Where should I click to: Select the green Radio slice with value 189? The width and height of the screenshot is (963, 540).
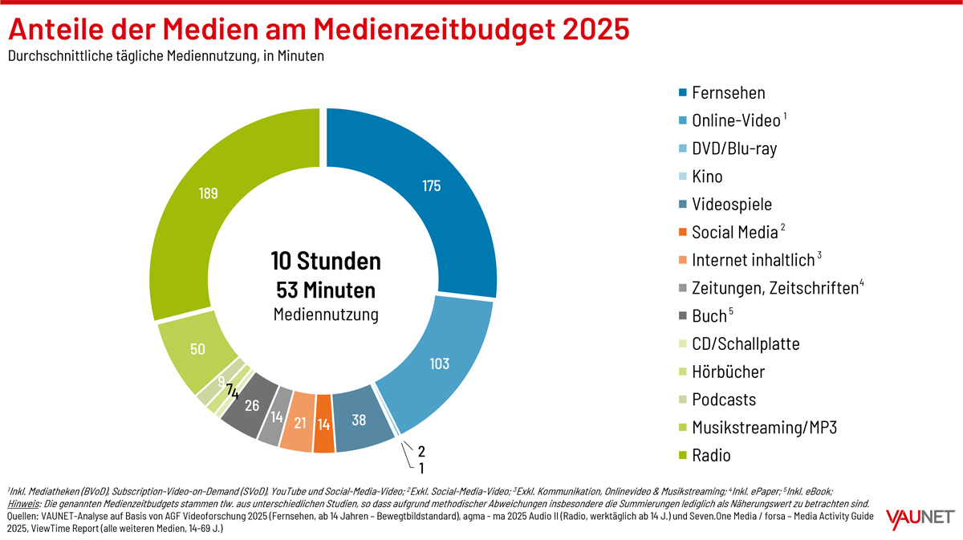coord(209,194)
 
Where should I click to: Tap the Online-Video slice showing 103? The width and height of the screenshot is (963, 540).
coord(439,363)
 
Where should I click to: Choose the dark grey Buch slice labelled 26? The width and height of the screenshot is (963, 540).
coord(251,405)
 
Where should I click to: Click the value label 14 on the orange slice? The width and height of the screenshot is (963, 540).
coord(323,424)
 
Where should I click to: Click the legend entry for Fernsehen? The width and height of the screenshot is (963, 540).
coord(728,93)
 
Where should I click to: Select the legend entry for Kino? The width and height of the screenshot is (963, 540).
coord(706,177)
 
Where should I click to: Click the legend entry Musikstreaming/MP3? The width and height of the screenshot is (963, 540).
coord(764,427)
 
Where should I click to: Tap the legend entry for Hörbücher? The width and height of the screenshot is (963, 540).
coord(728,372)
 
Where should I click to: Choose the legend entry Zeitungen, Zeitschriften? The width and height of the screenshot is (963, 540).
coord(774,288)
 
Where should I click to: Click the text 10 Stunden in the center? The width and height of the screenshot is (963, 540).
coord(325,262)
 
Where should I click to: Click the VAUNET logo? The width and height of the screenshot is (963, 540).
coord(920,519)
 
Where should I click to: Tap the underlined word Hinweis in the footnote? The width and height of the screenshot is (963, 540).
coord(23,503)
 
